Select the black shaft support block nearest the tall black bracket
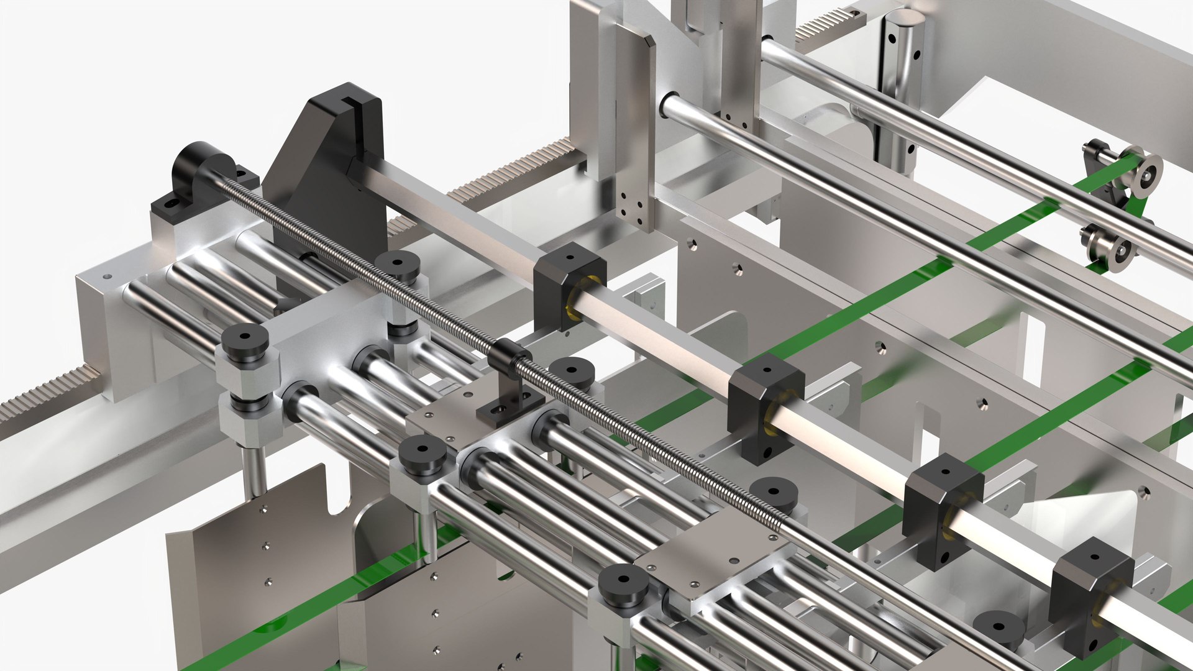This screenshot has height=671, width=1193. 569,286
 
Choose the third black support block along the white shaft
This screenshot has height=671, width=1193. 941,509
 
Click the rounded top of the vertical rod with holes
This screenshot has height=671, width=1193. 904,19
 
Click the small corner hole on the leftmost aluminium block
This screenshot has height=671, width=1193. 106,276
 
